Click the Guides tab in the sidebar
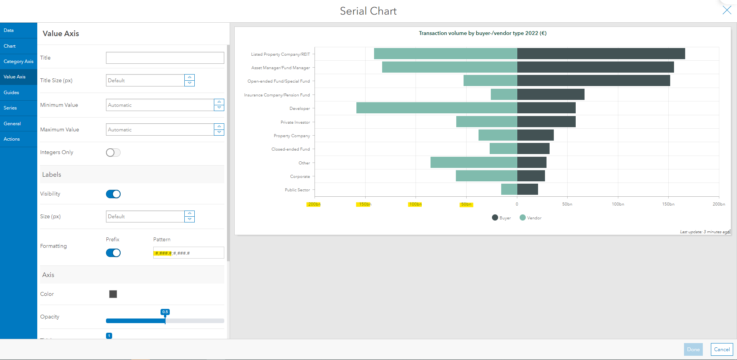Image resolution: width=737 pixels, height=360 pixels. click(12, 93)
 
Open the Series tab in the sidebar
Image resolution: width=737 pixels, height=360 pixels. click(10, 108)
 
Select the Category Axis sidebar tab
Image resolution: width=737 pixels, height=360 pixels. click(18, 61)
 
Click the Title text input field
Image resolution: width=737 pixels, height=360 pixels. click(165, 58)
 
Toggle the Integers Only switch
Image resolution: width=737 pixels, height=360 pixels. click(113, 153)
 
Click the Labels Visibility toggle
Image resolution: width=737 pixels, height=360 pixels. click(113, 194)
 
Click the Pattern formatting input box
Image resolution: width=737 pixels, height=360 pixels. click(188, 253)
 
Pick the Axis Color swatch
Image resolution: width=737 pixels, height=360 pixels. click(113, 294)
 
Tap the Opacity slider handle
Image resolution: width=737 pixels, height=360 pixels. click(165, 320)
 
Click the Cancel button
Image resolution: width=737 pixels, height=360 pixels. click(722, 349)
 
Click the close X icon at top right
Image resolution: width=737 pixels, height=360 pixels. click(727, 10)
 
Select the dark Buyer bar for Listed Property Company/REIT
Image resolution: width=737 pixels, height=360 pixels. click(601, 54)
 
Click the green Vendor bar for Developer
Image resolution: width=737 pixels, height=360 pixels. click(437, 108)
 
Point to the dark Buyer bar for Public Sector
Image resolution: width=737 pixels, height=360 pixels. click(527, 189)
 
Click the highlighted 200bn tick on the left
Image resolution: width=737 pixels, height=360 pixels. click(314, 204)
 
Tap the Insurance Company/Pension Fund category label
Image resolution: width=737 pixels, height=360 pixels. click(277, 95)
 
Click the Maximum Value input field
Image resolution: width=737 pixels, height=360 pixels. click(160, 130)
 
